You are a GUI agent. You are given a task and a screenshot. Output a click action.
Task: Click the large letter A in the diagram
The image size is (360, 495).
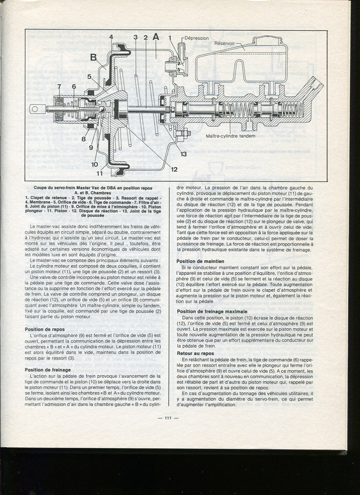pyautogui.click(x=156, y=37)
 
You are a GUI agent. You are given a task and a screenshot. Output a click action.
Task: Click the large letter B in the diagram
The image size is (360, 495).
pyautogui.click(x=94, y=57)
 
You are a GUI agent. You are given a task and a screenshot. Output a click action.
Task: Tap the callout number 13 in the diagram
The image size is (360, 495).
pyautogui.click(x=183, y=153)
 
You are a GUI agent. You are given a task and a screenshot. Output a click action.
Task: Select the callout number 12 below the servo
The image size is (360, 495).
pyautogui.click(x=174, y=169)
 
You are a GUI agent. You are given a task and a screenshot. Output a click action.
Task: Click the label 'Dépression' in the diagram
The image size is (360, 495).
pyautogui.click(x=197, y=38)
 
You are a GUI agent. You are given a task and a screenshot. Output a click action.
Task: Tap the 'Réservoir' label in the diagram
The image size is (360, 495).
pyautogui.click(x=225, y=44)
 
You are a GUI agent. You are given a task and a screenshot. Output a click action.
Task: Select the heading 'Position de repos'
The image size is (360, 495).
pyautogui.click(x=45, y=329)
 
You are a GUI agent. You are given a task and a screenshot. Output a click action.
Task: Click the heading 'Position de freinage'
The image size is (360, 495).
pyautogui.click(x=48, y=370)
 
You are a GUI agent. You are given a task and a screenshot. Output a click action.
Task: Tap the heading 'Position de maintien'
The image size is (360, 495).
pyautogui.click(x=200, y=261)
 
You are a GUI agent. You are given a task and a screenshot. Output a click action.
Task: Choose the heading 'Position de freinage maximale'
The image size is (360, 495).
pyautogui.click(x=212, y=312)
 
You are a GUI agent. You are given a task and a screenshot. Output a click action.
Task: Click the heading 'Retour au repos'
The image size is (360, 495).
pyautogui.click(x=195, y=353)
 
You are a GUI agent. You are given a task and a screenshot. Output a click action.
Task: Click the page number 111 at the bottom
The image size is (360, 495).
pyautogui.click(x=168, y=418)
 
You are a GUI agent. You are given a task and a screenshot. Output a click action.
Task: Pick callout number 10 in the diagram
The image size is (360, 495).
pyautogui.click(x=94, y=164)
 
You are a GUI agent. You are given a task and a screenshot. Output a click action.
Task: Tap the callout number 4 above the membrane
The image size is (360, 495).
pyautogui.click(x=111, y=37)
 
